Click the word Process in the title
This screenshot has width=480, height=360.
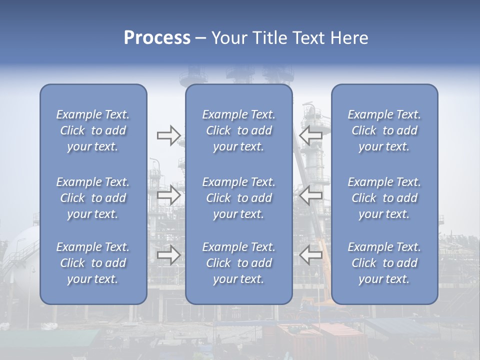pyautogui.click(x=157, y=38)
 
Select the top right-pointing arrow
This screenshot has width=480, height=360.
pyautogui.click(x=168, y=135)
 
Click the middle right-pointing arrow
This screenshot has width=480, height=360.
pyautogui.click(x=168, y=195)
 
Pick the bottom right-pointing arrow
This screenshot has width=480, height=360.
pyautogui.click(x=168, y=255)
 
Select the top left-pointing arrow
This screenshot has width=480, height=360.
pyautogui.click(x=310, y=135)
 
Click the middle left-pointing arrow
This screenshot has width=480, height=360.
pyautogui.click(x=310, y=195)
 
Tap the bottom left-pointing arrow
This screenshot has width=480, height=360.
pyautogui.click(x=310, y=255)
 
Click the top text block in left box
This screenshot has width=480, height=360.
pyautogui.click(x=93, y=130)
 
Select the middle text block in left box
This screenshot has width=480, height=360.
pyautogui.click(x=93, y=198)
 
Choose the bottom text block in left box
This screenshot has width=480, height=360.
pyautogui.click(x=93, y=263)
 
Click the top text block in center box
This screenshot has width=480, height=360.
pyautogui.click(x=238, y=130)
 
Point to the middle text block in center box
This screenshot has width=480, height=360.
pyautogui.click(x=238, y=198)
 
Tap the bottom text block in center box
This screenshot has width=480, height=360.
pyautogui.click(x=238, y=263)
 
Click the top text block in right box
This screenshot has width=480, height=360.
pyautogui.click(x=384, y=130)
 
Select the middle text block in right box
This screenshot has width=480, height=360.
pyautogui.click(x=384, y=198)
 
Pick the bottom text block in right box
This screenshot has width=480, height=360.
pyautogui.click(x=384, y=263)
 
